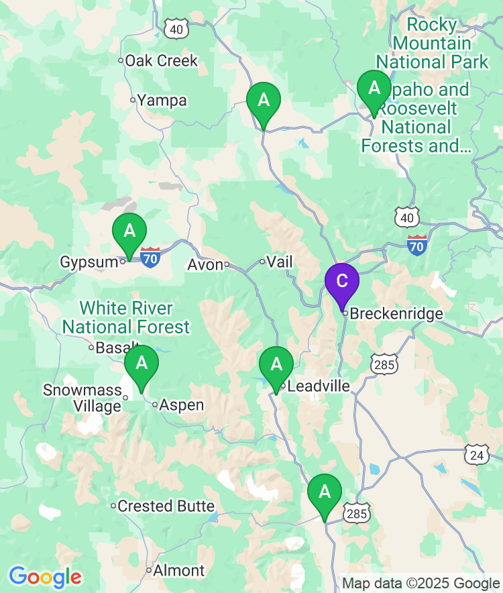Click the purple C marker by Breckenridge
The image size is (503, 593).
(342, 282)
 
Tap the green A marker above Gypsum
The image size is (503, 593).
(129, 232)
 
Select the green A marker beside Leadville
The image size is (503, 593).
(276, 366)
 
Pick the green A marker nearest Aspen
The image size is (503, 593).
(142, 364)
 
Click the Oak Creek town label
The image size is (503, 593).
(161, 60)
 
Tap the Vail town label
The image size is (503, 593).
(280, 262)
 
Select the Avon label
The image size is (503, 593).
(205, 265)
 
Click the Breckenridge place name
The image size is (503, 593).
(396, 313)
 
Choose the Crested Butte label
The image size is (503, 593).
(166, 506)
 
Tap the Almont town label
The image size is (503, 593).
(178, 571)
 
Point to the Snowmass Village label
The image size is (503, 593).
(82, 398)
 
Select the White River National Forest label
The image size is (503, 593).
(126, 318)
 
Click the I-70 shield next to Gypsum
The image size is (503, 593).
(150, 256)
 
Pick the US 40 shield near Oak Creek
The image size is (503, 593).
(176, 29)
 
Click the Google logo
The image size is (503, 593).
(45, 577)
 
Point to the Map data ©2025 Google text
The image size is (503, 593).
(421, 583)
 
